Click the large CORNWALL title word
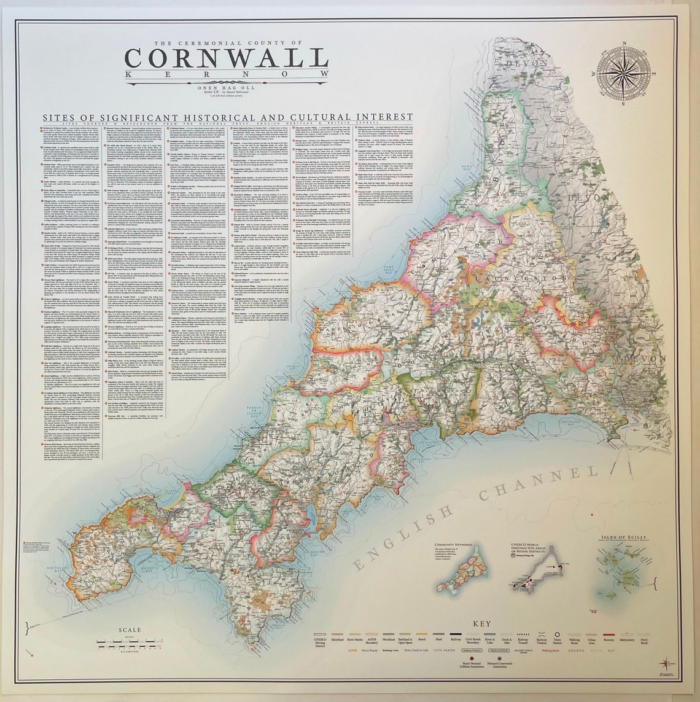tap(226, 58)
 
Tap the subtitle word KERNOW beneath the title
tap(226, 74)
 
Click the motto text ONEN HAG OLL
tap(226, 87)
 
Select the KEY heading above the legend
tap(481, 624)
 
